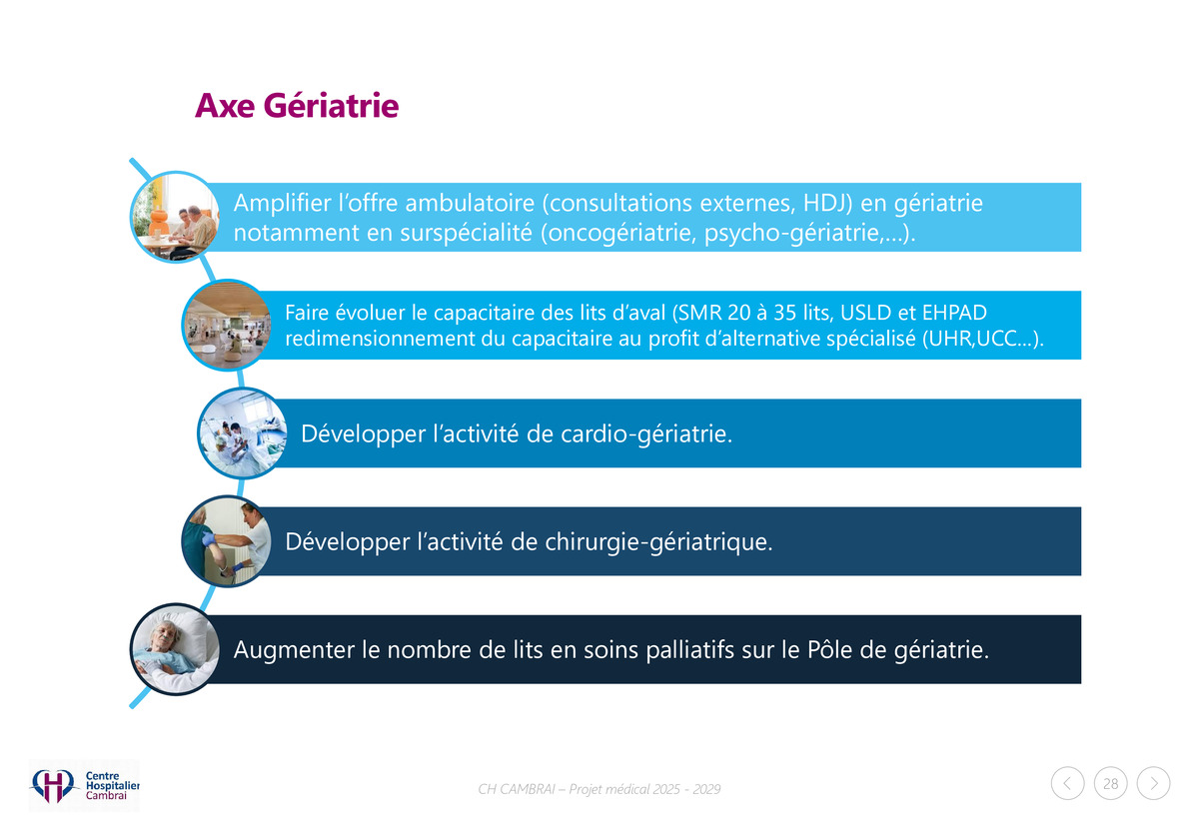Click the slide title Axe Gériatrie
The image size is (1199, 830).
click(297, 105)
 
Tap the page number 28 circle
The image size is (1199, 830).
click(1110, 783)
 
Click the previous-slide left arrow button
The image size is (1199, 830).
click(1067, 783)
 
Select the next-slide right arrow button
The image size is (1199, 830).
click(1153, 783)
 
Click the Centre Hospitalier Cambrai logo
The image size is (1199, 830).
click(84, 785)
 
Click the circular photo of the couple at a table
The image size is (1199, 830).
click(176, 217)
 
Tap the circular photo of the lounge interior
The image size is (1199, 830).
click(227, 325)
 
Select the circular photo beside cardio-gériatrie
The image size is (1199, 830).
click(243, 432)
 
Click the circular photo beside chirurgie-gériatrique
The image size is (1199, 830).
click(227, 541)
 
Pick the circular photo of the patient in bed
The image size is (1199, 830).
click(176, 649)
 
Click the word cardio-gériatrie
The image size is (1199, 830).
click(646, 434)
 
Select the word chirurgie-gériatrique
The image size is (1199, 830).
click(658, 542)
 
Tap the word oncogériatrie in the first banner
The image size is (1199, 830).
click(621, 234)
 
